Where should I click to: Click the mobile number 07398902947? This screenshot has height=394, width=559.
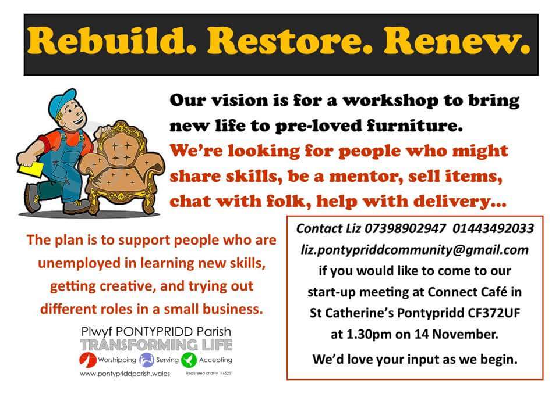[400, 229]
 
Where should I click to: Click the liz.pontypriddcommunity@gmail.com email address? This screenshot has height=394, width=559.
[415, 250]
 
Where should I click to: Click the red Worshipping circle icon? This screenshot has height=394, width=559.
[85, 360]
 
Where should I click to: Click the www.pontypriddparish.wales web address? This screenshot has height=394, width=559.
[125, 374]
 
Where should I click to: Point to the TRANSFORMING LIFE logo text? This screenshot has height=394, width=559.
[156, 345]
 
